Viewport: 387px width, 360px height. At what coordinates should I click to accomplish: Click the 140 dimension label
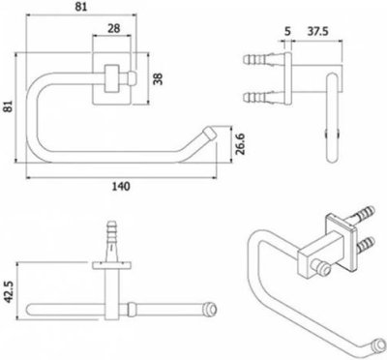(121, 187)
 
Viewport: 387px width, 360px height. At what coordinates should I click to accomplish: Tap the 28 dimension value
(113, 28)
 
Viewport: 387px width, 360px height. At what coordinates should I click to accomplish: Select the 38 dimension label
(158, 78)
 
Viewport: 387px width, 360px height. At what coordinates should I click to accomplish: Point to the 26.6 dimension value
(240, 144)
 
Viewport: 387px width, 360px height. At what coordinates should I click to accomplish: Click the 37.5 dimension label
(317, 32)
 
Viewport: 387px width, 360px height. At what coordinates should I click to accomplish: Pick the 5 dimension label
(287, 32)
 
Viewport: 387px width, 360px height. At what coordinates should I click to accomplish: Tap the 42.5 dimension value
(10, 291)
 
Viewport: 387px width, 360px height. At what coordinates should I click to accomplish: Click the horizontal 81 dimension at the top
(81, 7)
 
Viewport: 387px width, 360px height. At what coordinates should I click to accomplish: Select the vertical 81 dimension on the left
(9, 106)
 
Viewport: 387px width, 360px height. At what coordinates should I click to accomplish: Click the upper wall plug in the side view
(263, 59)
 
